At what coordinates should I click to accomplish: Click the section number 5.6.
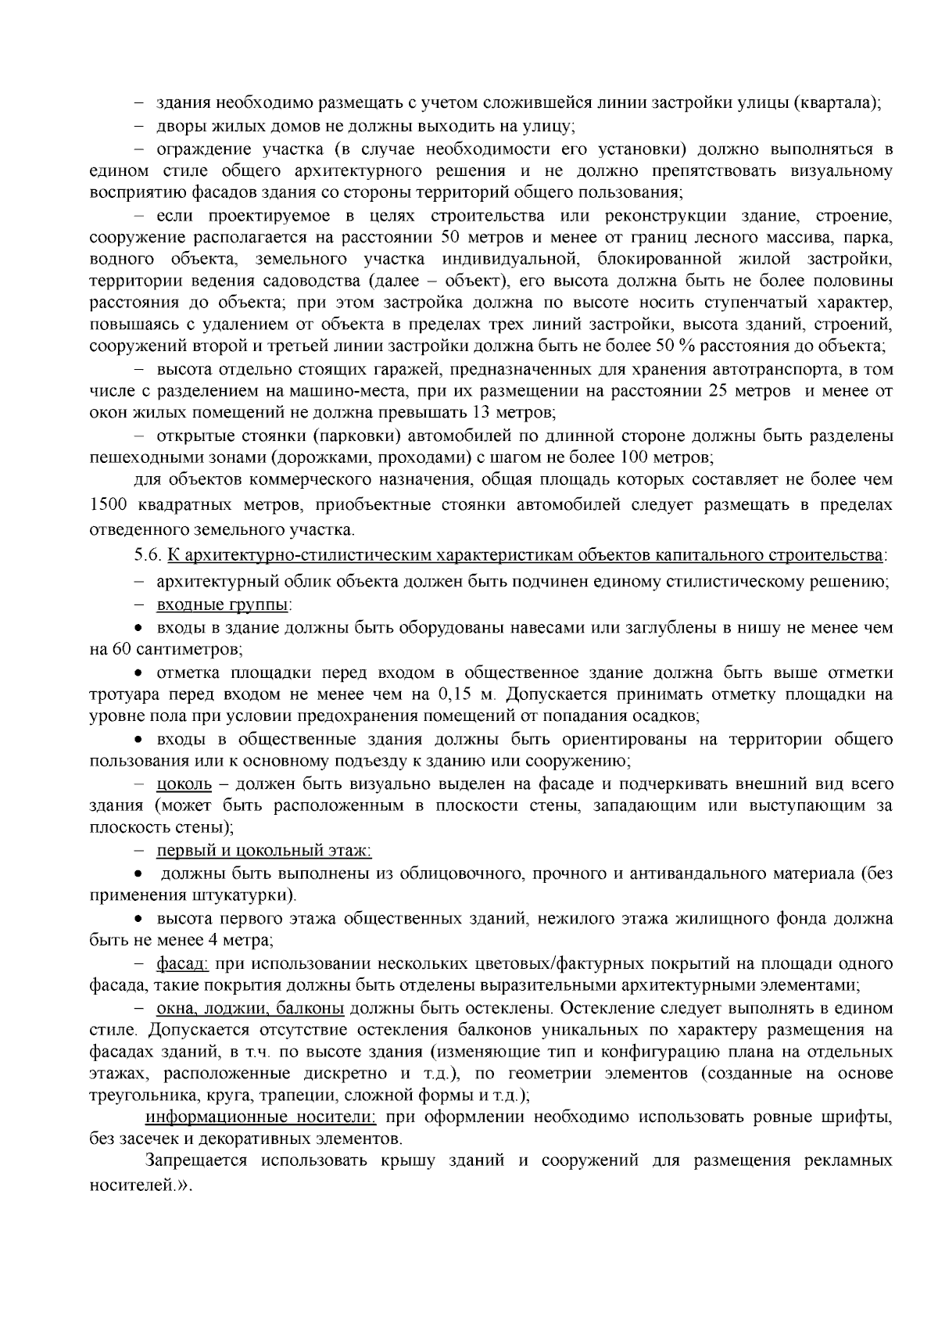[x=149, y=556]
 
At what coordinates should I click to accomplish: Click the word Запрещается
[x=196, y=1160]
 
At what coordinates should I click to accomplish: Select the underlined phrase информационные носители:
[x=261, y=1116]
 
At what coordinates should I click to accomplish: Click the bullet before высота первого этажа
[x=138, y=920]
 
